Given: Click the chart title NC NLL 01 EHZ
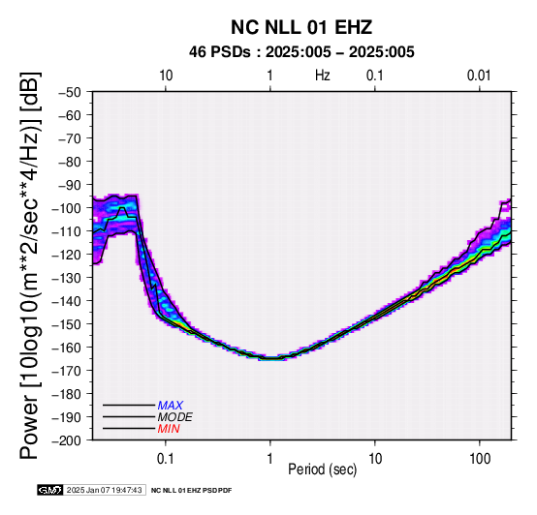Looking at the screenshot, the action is point(301,27).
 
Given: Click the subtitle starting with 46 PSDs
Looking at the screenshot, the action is point(301,52).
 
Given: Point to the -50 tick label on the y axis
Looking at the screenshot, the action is point(70,92).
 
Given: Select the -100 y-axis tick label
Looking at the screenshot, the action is point(67,208).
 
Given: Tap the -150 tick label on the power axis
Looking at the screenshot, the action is point(67,324).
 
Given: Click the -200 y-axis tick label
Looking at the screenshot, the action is point(67,439).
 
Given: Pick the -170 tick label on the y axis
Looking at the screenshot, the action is point(67,371).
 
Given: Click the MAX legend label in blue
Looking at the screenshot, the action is point(171,406).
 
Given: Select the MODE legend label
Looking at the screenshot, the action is point(175,417).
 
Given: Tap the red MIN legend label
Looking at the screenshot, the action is point(169,429).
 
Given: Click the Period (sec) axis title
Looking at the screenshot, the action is point(322,470).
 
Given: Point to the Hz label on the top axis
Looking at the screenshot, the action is point(322,76).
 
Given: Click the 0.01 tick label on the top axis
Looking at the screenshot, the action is point(479,76).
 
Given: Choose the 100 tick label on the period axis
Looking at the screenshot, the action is point(480,459).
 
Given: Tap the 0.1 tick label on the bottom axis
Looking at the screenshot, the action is point(166,459).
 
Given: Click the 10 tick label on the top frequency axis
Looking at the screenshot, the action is point(166,76).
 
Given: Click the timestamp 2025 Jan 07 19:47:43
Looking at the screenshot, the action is point(104,490).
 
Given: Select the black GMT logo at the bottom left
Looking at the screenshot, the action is point(50,490).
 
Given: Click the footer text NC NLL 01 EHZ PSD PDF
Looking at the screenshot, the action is point(192,491).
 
